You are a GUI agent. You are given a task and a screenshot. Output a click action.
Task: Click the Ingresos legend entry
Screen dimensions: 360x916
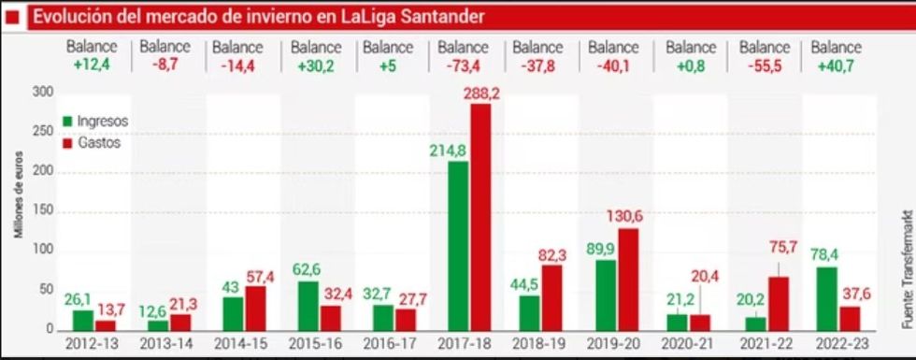94,122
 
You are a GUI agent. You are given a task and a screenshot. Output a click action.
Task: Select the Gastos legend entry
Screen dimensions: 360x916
92,143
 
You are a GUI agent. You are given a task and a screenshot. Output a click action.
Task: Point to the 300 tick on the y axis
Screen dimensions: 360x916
43,92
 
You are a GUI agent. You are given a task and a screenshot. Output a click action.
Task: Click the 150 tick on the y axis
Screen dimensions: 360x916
43,211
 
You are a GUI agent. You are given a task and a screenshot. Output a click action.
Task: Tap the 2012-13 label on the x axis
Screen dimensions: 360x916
93,344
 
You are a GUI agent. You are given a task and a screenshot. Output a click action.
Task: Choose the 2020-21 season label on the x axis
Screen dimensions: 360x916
687,344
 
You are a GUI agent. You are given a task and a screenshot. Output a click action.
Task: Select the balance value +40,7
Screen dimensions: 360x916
837,64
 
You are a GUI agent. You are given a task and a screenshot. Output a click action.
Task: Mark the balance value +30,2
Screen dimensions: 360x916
315,64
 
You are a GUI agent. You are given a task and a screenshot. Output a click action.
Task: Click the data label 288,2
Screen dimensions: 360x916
481,94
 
